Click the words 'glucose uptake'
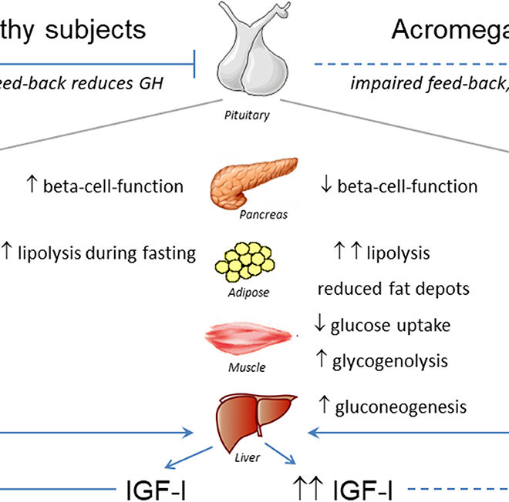[390, 325]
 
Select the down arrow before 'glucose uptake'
[320, 325]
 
